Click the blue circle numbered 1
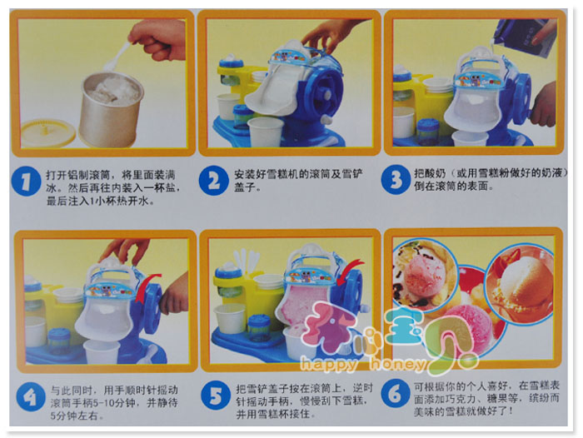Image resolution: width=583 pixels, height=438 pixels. [x=26, y=182]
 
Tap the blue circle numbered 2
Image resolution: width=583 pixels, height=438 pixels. [x=213, y=181]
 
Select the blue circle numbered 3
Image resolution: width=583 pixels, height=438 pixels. [x=396, y=180]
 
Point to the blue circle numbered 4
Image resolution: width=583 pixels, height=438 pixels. [x=31, y=396]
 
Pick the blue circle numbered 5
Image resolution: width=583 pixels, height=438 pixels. [x=216, y=396]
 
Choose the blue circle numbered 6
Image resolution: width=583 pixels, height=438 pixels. [x=396, y=393]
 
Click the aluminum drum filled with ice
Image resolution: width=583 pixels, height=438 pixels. [x=112, y=108]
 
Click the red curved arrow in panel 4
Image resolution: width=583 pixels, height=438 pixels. [x=147, y=287]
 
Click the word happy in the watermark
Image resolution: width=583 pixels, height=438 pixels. [x=328, y=364]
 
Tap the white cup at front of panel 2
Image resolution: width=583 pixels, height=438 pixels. [x=266, y=133]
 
